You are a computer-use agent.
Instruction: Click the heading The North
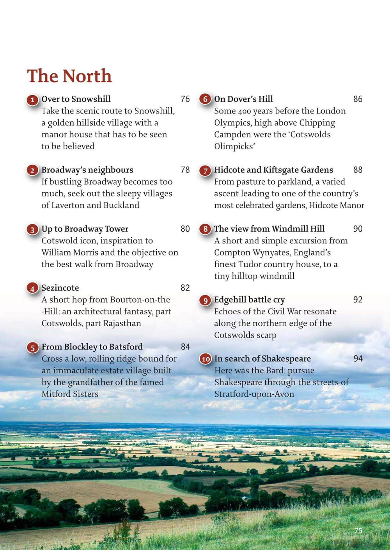tap(69, 76)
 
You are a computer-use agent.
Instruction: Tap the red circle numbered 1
tap(33, 100)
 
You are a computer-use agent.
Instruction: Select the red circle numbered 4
tap(33, 289)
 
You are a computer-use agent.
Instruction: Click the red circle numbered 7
tap(205, 171)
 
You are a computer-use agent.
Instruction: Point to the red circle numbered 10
tap(206, 359)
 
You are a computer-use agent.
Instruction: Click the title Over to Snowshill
tap(76, 99)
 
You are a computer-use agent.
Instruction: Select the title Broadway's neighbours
tap(87, 170)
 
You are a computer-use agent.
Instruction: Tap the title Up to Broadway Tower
tap(85, 229)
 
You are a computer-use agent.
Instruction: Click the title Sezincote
tap(60, 288)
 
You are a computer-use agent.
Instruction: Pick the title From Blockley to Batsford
tap(92, 347)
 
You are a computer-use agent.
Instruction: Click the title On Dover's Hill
tap(243, 99)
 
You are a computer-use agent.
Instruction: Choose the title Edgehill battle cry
tap(249, 300)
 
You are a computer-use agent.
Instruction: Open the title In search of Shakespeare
tap(262, 358)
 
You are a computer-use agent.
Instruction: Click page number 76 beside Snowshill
tap(185, 99)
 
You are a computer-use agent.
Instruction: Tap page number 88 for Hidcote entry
tap(358, 170)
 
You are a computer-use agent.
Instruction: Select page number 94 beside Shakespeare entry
tap(358, 358)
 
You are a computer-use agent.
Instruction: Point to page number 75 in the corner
tap(358, 530)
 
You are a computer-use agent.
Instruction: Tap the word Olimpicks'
tap(234, 146)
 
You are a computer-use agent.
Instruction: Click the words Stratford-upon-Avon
tap(254, 394)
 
